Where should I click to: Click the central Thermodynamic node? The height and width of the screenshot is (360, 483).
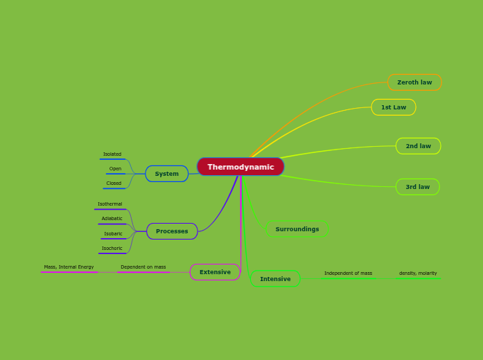[x=240, y=167]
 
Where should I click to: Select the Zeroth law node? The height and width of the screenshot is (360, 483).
[x=414, y=82]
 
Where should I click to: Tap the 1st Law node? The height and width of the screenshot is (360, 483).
[x=394, y=107]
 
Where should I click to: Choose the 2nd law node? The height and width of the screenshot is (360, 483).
[x=418, y=146]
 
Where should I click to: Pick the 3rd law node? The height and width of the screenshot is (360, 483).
[x=417, y=187]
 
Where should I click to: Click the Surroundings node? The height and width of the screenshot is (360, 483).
[x=297, y=229]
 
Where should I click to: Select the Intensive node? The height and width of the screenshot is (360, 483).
[x=275, y=279]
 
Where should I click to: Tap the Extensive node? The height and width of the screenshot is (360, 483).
[x=215, y=272]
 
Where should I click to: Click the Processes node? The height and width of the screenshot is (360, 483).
[x=172, y=231]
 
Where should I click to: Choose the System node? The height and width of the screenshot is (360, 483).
[x=166, y=174]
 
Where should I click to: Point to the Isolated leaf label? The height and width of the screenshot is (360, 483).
[x=112, y=154]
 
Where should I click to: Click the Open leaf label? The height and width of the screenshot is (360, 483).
[x=115, y=169]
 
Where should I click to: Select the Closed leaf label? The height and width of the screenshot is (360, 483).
[x=114, y=183]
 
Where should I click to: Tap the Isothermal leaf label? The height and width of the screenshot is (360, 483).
[x=110, y=204]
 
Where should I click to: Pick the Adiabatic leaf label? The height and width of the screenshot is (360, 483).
[x=112, y=219]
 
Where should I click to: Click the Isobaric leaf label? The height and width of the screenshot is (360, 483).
[x=113, y=234]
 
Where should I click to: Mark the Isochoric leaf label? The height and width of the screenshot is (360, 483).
[x=112, y=249]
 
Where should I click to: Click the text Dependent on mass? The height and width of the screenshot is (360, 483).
[x=143, y=267]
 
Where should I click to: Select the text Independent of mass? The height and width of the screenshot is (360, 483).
[x=348, y=273]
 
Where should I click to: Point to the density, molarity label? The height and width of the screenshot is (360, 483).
[x=418, y=273]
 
